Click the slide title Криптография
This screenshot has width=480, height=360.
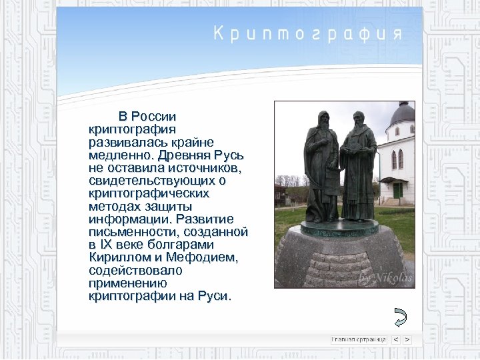tap(307, 33)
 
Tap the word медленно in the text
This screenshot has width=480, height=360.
tap(119, 155)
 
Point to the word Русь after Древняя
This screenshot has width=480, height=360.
tap(231, 155)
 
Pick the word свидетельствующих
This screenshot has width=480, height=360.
tap(151, 181)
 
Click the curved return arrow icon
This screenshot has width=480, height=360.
tap(400, 317)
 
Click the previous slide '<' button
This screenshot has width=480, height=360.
tap(396, 339)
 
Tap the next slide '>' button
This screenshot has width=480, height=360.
tap(407, 339)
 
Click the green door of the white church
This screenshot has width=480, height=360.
tap(398, 191)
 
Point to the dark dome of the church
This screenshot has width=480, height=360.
tap(402, 115)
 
